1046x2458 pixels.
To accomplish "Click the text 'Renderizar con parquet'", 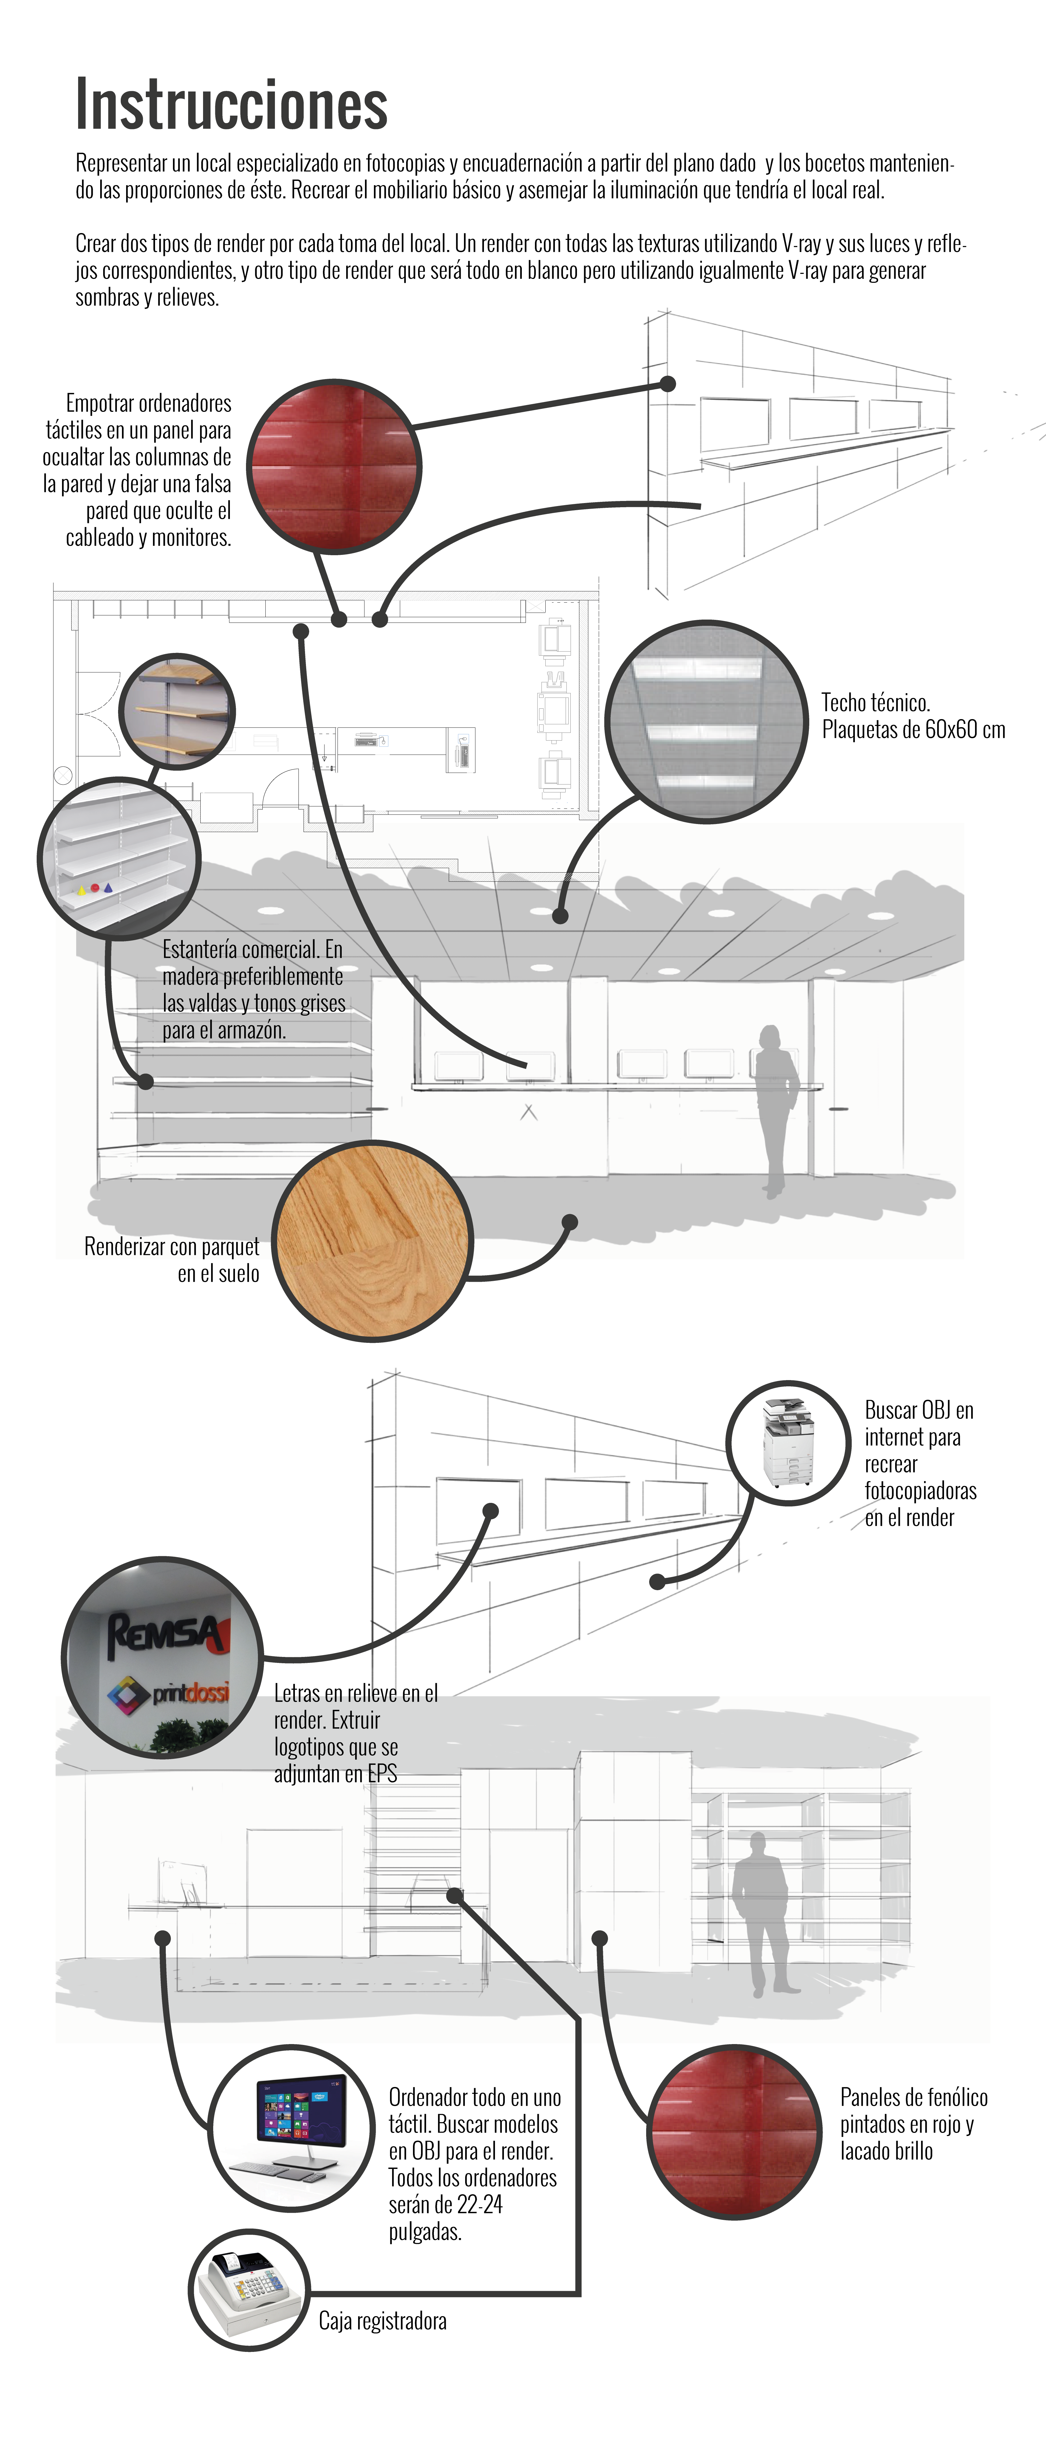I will pos(172,1246).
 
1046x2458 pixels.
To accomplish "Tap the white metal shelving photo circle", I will pos(119,859).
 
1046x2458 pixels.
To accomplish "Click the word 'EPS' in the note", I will pos(382,1774).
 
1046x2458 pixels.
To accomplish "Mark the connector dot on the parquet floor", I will pos(570,1222).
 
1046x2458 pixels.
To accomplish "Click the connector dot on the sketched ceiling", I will pos(560,915).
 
